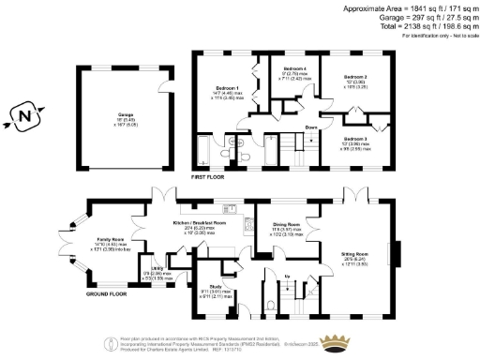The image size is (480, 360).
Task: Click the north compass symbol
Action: point(25,117)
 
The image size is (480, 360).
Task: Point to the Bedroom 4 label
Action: point(294,68)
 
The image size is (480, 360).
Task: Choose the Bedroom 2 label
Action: point(353,76)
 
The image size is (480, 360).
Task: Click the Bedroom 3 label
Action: point(353,138)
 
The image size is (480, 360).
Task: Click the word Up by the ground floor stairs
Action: point(287,276)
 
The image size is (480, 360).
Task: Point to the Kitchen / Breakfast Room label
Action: point(200,223)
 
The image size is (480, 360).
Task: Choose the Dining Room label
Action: point(286,225)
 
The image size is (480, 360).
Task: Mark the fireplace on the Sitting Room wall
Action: point(399,253)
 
